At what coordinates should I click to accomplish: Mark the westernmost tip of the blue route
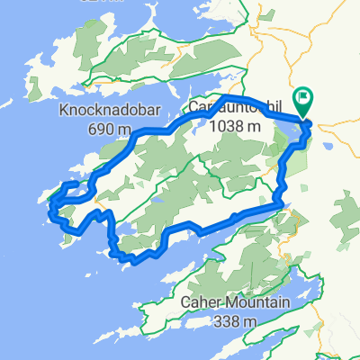(49, 205)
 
